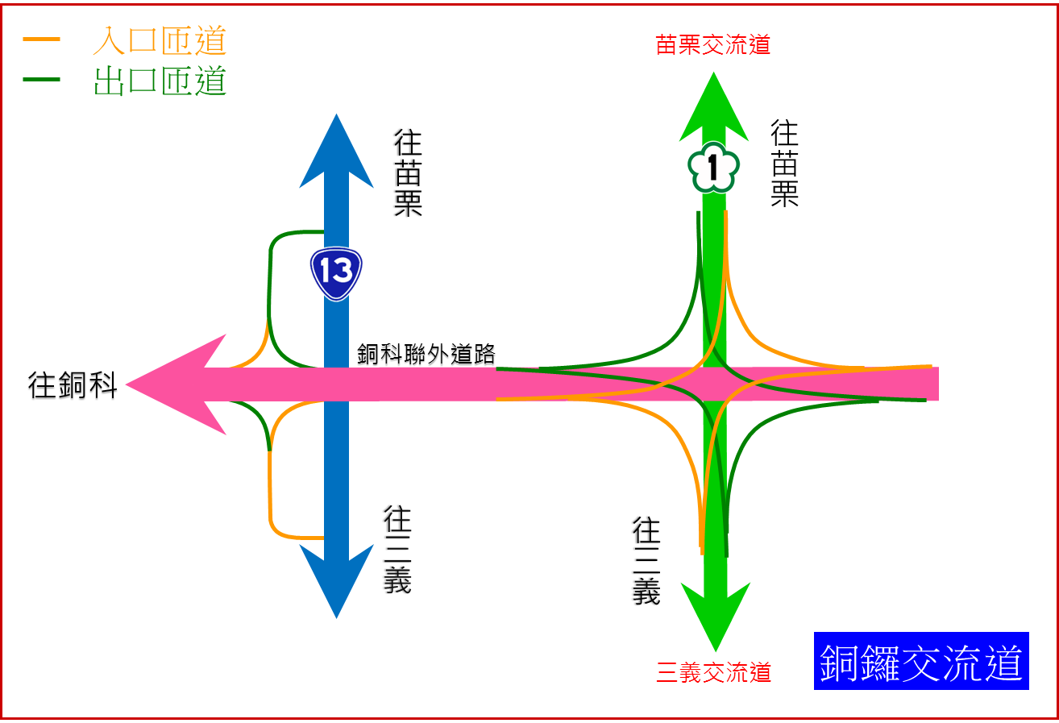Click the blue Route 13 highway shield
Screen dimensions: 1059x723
[x=336, y=273]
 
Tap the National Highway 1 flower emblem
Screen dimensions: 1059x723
[x=713, y=168]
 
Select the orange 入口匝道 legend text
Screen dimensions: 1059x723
[x=160, y=40]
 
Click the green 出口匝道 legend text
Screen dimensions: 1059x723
[x=160, y=81]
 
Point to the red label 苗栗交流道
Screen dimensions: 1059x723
[x=713, y=45]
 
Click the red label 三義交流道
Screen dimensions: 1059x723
[x=714, y=672]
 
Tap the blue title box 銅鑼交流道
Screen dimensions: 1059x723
[x=921, y=661]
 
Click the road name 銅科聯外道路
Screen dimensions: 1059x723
[x=426, y=354]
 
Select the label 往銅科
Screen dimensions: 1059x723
[x=73, y=385]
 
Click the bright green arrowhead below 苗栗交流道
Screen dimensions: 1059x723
[x=714, y=109]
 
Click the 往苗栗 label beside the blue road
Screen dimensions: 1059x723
[x=408, y=172]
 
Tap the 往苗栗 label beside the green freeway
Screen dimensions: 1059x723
[x=784, y=163]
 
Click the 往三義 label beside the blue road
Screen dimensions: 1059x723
[x=397, y=550]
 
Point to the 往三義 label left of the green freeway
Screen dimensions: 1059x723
[x=646, y=561]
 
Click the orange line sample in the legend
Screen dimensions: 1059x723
[x=42, y=39]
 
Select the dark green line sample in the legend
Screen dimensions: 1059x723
[x=42, y=80]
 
